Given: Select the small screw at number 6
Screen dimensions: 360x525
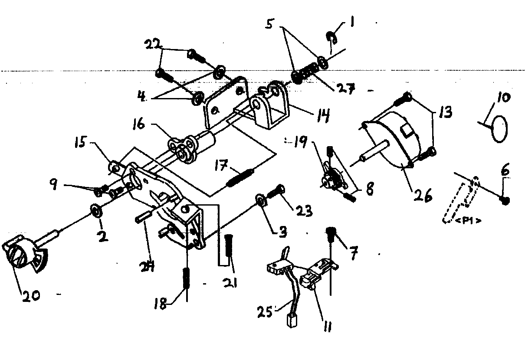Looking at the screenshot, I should [x=505, y=200].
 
